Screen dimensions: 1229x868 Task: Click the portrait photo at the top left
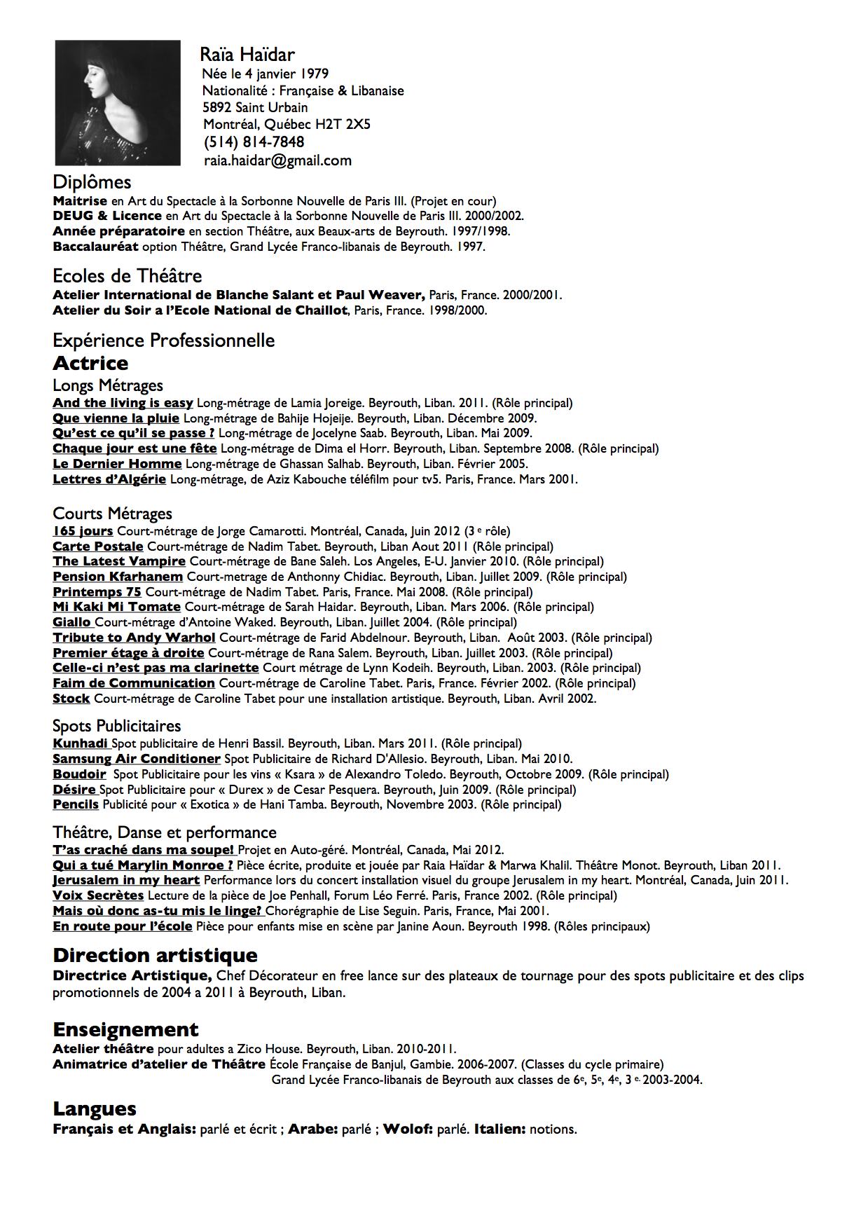click(x=118, y=102)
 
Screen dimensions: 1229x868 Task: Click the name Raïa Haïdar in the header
click(x=247, y=55)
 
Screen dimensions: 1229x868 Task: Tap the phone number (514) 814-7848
click(x=254, y=142)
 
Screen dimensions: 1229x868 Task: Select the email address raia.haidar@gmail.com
click(x=277, y=160)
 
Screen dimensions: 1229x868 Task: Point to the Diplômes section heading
click(x=92, y=182)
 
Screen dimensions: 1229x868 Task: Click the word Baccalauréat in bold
click(x=95, y=247)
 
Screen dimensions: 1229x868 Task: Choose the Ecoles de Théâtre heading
click(x=127, y=275)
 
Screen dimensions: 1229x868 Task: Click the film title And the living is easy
click(x=123, y=403)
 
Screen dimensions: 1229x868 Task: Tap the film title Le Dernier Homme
click(x=117, y=464)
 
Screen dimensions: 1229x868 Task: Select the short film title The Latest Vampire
click(x=119, y=561)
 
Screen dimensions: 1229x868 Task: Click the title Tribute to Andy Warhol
click(x=134, y=638)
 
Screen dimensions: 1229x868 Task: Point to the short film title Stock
click(x=71, y=699)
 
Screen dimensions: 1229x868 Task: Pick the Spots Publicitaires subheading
click(x=116, y=726)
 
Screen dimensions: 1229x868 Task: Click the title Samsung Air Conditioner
click(x=137, y=759)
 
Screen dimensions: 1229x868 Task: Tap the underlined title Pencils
click(x=76, y=804)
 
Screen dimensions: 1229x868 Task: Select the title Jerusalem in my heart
click(x=126, y=880)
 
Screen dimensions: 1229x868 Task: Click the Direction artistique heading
click(x=155, y=955)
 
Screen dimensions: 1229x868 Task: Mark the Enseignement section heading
click(x=125, y=1029)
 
